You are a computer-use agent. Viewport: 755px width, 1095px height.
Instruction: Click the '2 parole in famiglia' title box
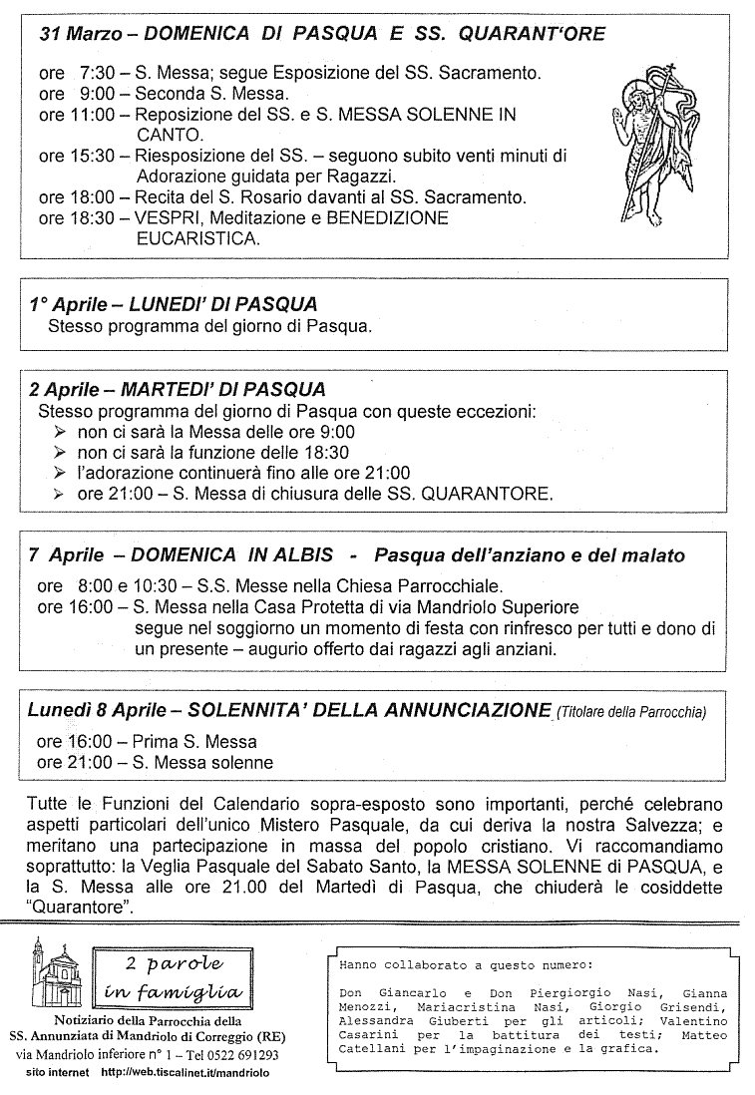(x=174, y=978)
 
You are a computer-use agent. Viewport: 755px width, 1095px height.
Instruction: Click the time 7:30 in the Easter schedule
(x=96, y=73)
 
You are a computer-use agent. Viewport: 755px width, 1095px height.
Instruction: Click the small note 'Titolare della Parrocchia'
(x=632, y=712)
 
